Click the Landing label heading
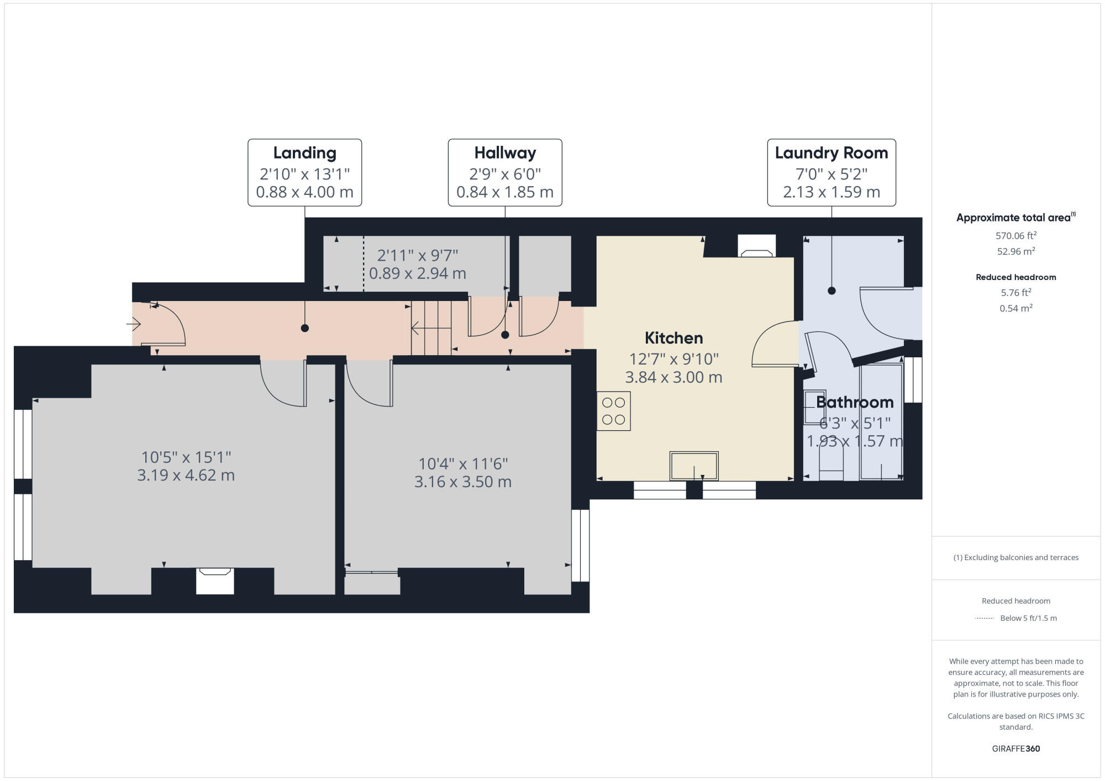click(304, 153)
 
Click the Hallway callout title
click(505, 153)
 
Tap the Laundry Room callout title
click(831, 153)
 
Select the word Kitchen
click(673, 338)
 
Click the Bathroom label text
click(854, 402)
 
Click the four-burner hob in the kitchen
click(613, 411)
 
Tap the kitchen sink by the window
click(694, 466)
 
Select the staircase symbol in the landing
click(431, 329)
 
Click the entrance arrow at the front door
click(134, 324)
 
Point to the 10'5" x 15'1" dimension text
click(186, 457)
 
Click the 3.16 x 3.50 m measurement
click(462, 482)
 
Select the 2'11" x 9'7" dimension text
click(417, 256)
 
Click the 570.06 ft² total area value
click(1015, 236)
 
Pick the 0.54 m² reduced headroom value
click(1015, 308)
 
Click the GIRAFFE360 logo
click(1015, 749)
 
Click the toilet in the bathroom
click(831, 464)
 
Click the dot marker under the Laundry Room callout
click(832, 291)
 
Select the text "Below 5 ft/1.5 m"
click(1028, 618)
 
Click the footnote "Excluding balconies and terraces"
click(1015, 557)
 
